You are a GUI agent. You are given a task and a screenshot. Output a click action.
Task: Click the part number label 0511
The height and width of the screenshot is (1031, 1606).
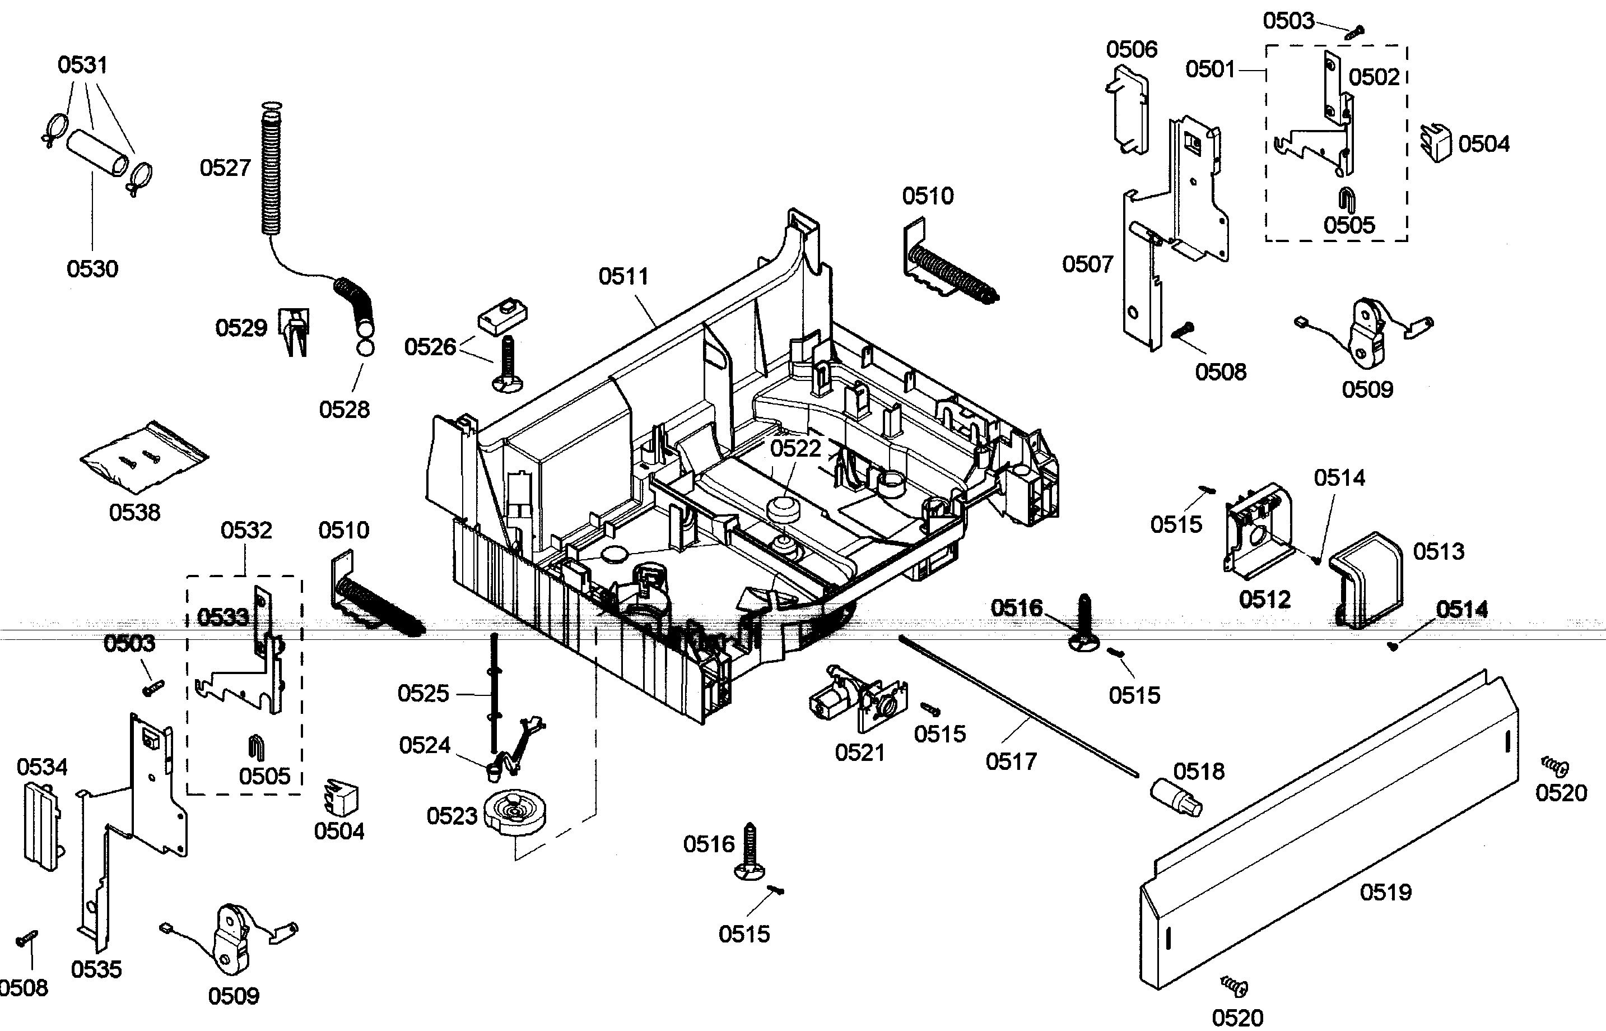coord(623,276)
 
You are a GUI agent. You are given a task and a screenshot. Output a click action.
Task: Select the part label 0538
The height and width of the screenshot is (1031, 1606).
coord(134,513)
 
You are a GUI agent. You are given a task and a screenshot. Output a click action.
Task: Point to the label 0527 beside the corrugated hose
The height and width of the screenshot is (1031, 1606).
coord(225,168)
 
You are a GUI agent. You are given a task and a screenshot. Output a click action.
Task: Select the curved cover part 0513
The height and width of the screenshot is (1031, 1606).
coord(1366,580)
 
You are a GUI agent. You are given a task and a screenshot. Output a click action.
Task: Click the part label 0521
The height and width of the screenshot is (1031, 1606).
coord(860,753)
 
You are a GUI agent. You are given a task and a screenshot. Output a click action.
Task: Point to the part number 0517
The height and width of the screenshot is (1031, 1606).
coord(1011,761)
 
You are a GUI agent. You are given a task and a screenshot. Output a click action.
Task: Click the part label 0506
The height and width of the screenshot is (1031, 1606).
coord(1132,49)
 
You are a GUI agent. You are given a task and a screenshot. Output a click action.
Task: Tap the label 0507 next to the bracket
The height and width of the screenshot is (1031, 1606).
coord(1087,264)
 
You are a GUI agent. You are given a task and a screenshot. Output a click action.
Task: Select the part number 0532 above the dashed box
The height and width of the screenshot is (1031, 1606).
coord(246,530)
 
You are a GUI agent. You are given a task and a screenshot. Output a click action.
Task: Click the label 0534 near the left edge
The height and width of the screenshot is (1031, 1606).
coord(42,767)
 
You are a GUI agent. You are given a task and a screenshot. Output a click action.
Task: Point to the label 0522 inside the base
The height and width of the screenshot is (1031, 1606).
coord(795,448)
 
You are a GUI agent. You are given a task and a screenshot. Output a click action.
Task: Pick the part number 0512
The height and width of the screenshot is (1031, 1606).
coord(1265,599)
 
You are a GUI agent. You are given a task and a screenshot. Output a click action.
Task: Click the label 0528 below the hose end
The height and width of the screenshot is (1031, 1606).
coord(344,410)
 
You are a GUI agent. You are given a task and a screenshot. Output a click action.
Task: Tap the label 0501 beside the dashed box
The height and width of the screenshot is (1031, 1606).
coord(1210,69)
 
